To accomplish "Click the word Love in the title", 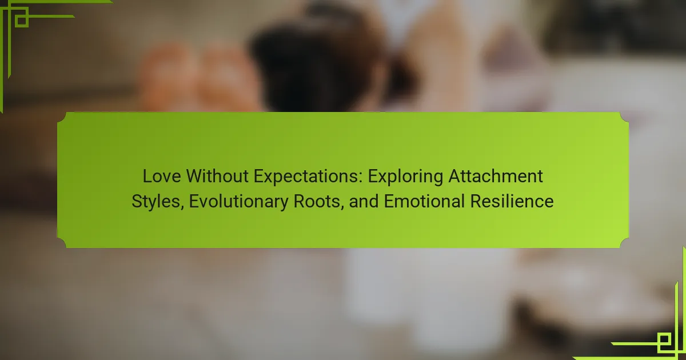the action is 161,177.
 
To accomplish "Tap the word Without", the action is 217,177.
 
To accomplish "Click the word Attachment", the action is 496,177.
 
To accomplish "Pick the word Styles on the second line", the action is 155,202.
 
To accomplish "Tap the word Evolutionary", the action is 238,202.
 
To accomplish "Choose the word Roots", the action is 317,201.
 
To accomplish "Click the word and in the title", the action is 364,201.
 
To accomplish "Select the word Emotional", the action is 424,201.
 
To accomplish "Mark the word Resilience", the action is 512,201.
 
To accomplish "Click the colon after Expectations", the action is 361,178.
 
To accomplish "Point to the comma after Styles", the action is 182,207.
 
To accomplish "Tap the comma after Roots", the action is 342,207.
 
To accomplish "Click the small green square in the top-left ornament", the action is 22,21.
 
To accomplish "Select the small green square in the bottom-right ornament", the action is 664,339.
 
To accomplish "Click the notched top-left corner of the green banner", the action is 62,117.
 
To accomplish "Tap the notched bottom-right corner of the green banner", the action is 624,243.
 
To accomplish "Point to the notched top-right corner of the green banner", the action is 624,117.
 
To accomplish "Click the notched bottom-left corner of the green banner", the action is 62,243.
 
